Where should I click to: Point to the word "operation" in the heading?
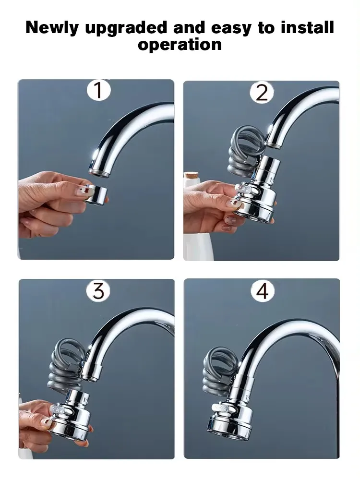point(180,45)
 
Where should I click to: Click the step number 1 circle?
point(98,90)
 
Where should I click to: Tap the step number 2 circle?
point(262,92)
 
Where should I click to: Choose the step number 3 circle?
point(98,290)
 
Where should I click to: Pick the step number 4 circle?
point(262,290)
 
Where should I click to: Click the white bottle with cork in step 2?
point(191,216)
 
